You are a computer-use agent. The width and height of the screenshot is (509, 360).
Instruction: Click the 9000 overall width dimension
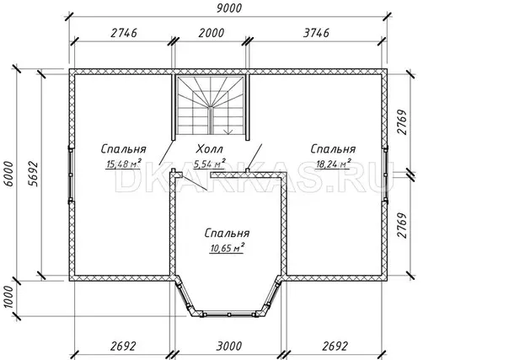point(229,8)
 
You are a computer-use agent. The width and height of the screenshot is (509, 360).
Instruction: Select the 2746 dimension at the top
point(124,33)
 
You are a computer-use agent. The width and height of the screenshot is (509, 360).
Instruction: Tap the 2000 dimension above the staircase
point(211,33)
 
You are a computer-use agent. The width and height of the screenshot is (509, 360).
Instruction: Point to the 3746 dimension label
point(316,33)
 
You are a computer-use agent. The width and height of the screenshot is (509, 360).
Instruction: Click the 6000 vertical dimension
point(8,174)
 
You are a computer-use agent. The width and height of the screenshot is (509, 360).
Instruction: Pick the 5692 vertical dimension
point(33,174)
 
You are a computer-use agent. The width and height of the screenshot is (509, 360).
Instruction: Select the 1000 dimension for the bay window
point(8,297)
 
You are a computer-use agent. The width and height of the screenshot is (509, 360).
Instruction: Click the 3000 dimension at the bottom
point(229,346)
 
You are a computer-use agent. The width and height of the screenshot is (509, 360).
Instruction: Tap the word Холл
point(210,149)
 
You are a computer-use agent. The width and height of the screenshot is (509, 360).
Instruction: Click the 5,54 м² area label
point(210,164)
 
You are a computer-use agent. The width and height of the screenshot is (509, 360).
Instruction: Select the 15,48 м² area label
point(124,164)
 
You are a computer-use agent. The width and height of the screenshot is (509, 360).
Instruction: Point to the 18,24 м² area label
point(334,164)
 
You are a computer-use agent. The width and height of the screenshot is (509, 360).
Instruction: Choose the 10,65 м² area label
point(228,248)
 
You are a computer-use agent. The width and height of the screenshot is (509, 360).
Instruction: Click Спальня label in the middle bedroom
point(228,233)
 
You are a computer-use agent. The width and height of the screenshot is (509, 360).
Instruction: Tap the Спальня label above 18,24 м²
point(333,149)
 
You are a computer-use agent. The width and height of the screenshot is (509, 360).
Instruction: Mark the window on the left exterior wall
point(71,175)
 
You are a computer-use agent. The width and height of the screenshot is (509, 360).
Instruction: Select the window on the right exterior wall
point(385,175)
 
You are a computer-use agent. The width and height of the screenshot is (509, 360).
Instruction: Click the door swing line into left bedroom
point(166,153)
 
